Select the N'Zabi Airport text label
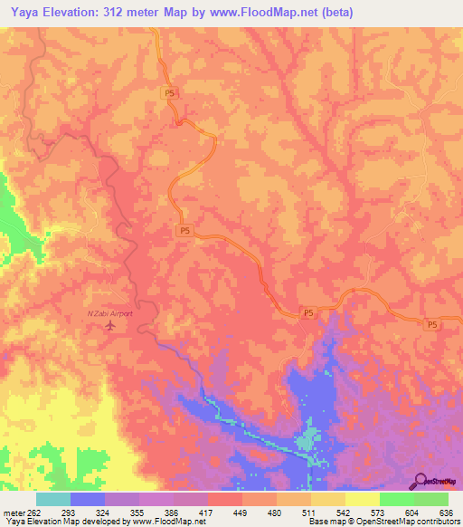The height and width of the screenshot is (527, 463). [109, 312]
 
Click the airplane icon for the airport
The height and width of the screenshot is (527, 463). [110, 325]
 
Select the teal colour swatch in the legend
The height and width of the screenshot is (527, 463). [53, 499]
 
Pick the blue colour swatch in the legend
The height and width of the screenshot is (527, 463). [88, 499]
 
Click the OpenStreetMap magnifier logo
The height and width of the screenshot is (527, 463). [420, 481]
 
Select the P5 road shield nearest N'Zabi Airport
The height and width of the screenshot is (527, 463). [184, 232]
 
